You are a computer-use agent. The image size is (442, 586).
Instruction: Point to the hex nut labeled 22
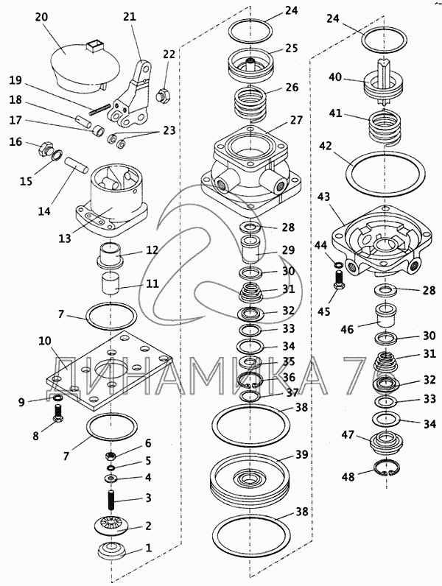click(164, 93)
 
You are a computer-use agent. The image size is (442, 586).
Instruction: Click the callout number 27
click(297, 120)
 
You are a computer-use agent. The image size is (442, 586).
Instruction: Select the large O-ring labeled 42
click(385, 177)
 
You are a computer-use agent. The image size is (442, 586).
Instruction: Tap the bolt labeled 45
click(339, 280)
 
